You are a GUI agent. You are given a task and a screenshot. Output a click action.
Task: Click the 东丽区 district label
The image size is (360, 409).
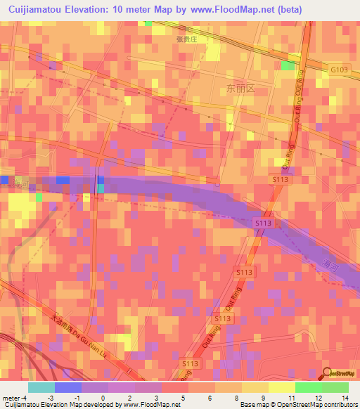coord(239,89)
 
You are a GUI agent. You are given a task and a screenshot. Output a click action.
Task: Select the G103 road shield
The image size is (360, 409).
coord(339,70)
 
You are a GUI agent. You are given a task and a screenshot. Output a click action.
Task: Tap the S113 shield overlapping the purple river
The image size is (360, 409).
coord(263,223)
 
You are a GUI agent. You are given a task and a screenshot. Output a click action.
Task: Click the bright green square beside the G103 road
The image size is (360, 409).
coord(288,65)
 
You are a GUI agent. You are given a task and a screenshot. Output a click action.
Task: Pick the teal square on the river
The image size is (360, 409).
coord(101,188)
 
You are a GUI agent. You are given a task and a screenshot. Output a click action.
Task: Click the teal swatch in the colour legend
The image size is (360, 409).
coord(41,387)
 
